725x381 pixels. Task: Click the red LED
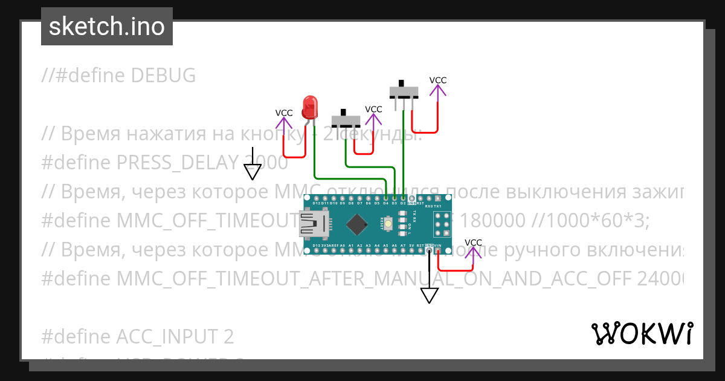click(x=310, y=107)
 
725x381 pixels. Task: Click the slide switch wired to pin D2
click(x=404, y=91)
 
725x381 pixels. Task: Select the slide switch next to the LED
click(x=346, y=120)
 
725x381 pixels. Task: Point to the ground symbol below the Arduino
click(x=430, y=295)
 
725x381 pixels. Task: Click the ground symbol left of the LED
click(x=253, y=172)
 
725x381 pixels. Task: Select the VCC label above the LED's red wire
click(x=284, y=113)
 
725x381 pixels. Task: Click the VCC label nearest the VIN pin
click(x=474, y=243)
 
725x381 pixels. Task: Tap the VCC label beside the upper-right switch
click(x=438, y=80)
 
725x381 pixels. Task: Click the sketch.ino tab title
click(x=106, y=27)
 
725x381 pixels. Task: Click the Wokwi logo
click(x=642, y=333)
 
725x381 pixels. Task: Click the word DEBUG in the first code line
click(x=164, y=76)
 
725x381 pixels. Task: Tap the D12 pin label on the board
click(x=317, y=203)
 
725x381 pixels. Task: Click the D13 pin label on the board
click(x=316, y=246)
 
